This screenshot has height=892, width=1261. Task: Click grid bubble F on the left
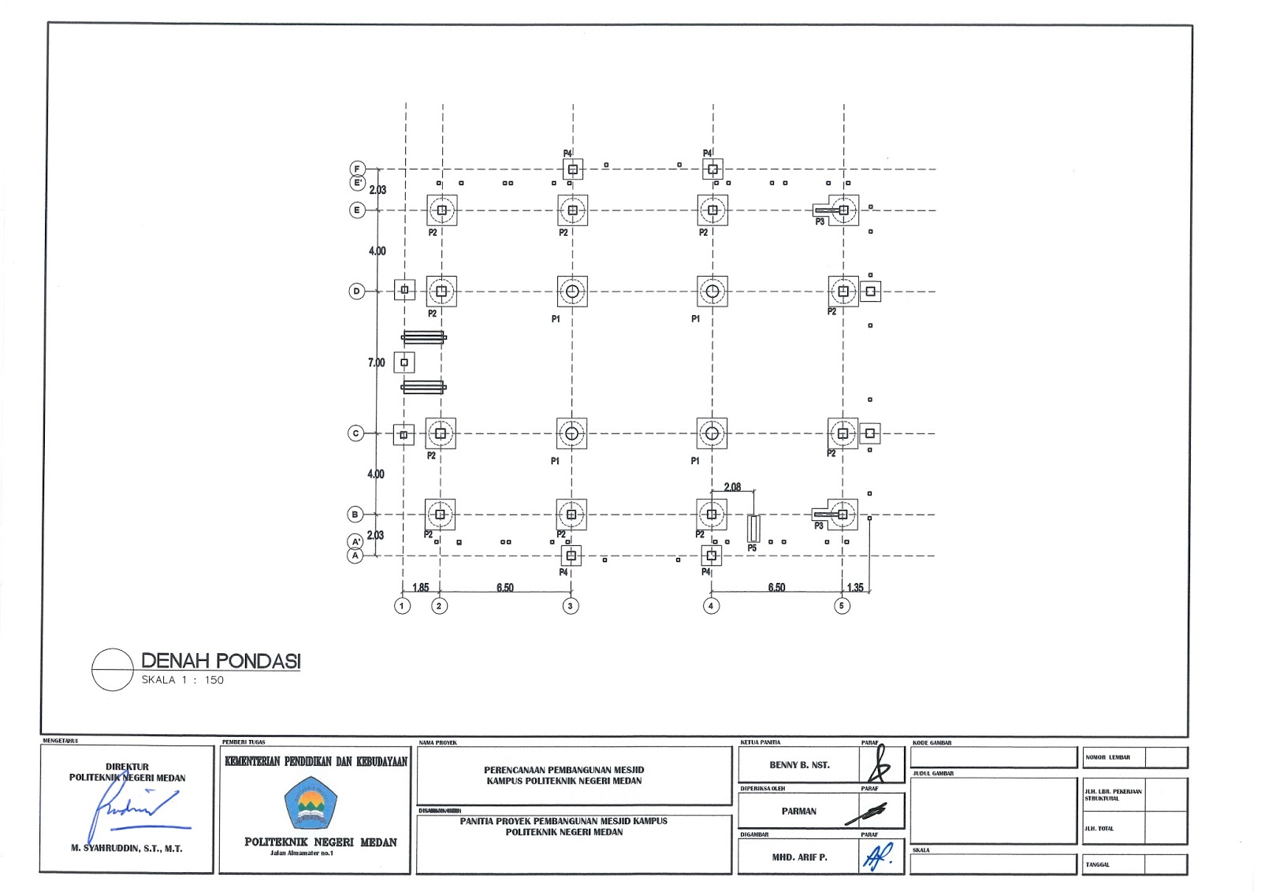click(357, 169)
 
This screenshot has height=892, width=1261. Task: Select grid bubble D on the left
click(356, 292)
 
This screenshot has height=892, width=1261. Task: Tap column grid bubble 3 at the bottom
click(571, 606)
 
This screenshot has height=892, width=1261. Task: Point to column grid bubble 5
click(842, 606)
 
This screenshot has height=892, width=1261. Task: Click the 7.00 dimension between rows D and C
click(377, 362)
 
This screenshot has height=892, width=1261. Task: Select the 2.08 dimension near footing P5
click(732, 487)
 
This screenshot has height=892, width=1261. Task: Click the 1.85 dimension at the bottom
click(421, 587)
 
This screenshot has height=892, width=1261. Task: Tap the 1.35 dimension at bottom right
click(855, 587)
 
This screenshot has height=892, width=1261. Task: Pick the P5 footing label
click(752, 548)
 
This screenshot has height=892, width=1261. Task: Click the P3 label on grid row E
click(820, 222)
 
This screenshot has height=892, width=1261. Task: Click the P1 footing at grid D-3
click(572, 292)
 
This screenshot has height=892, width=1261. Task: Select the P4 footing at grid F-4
click(712, 169)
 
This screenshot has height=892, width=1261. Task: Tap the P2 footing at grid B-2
click(440, 515)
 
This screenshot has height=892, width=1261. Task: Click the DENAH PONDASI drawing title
click(221, 661)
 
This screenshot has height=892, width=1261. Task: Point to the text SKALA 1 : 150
click(183, 680)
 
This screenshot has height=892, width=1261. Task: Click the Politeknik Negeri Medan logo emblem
click(311, 803)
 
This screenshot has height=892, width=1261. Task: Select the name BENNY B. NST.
click(799, 765)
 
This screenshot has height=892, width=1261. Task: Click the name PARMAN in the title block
click(799, 811)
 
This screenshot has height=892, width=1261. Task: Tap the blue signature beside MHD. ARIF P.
click(879, 856)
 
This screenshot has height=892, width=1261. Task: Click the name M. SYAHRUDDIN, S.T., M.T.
click(127, 849)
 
